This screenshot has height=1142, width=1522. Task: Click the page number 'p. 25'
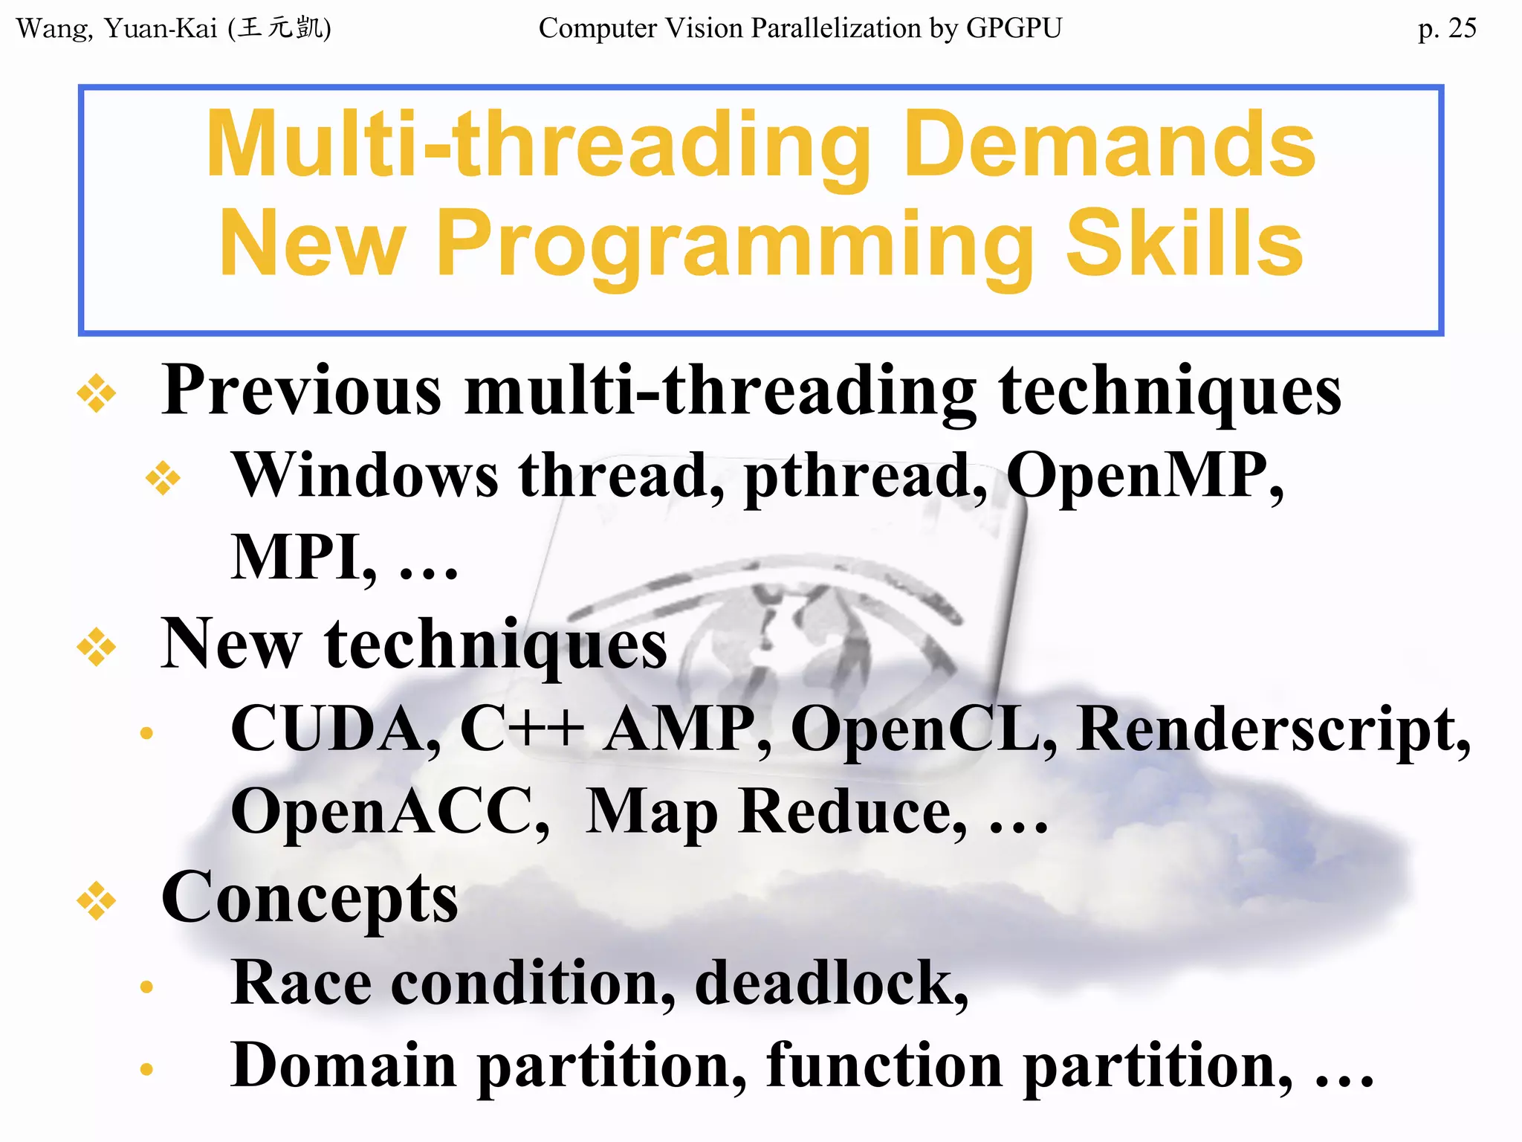pos(1446,28)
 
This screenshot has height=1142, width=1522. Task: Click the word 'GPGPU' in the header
pos(1014,28)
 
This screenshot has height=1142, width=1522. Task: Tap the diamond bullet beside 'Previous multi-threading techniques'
pos(97,393)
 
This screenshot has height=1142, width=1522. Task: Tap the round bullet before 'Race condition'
pos(146,987)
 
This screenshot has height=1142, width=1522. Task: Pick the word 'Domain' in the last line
pos(343,1065)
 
